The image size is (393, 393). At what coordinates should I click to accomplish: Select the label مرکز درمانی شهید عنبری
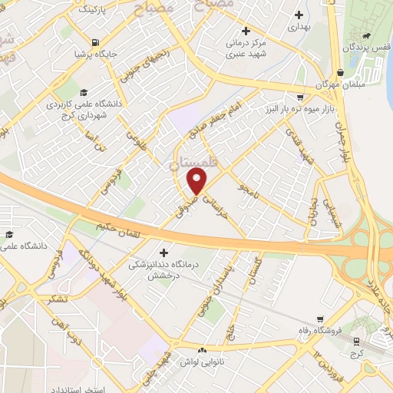point(246,48)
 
